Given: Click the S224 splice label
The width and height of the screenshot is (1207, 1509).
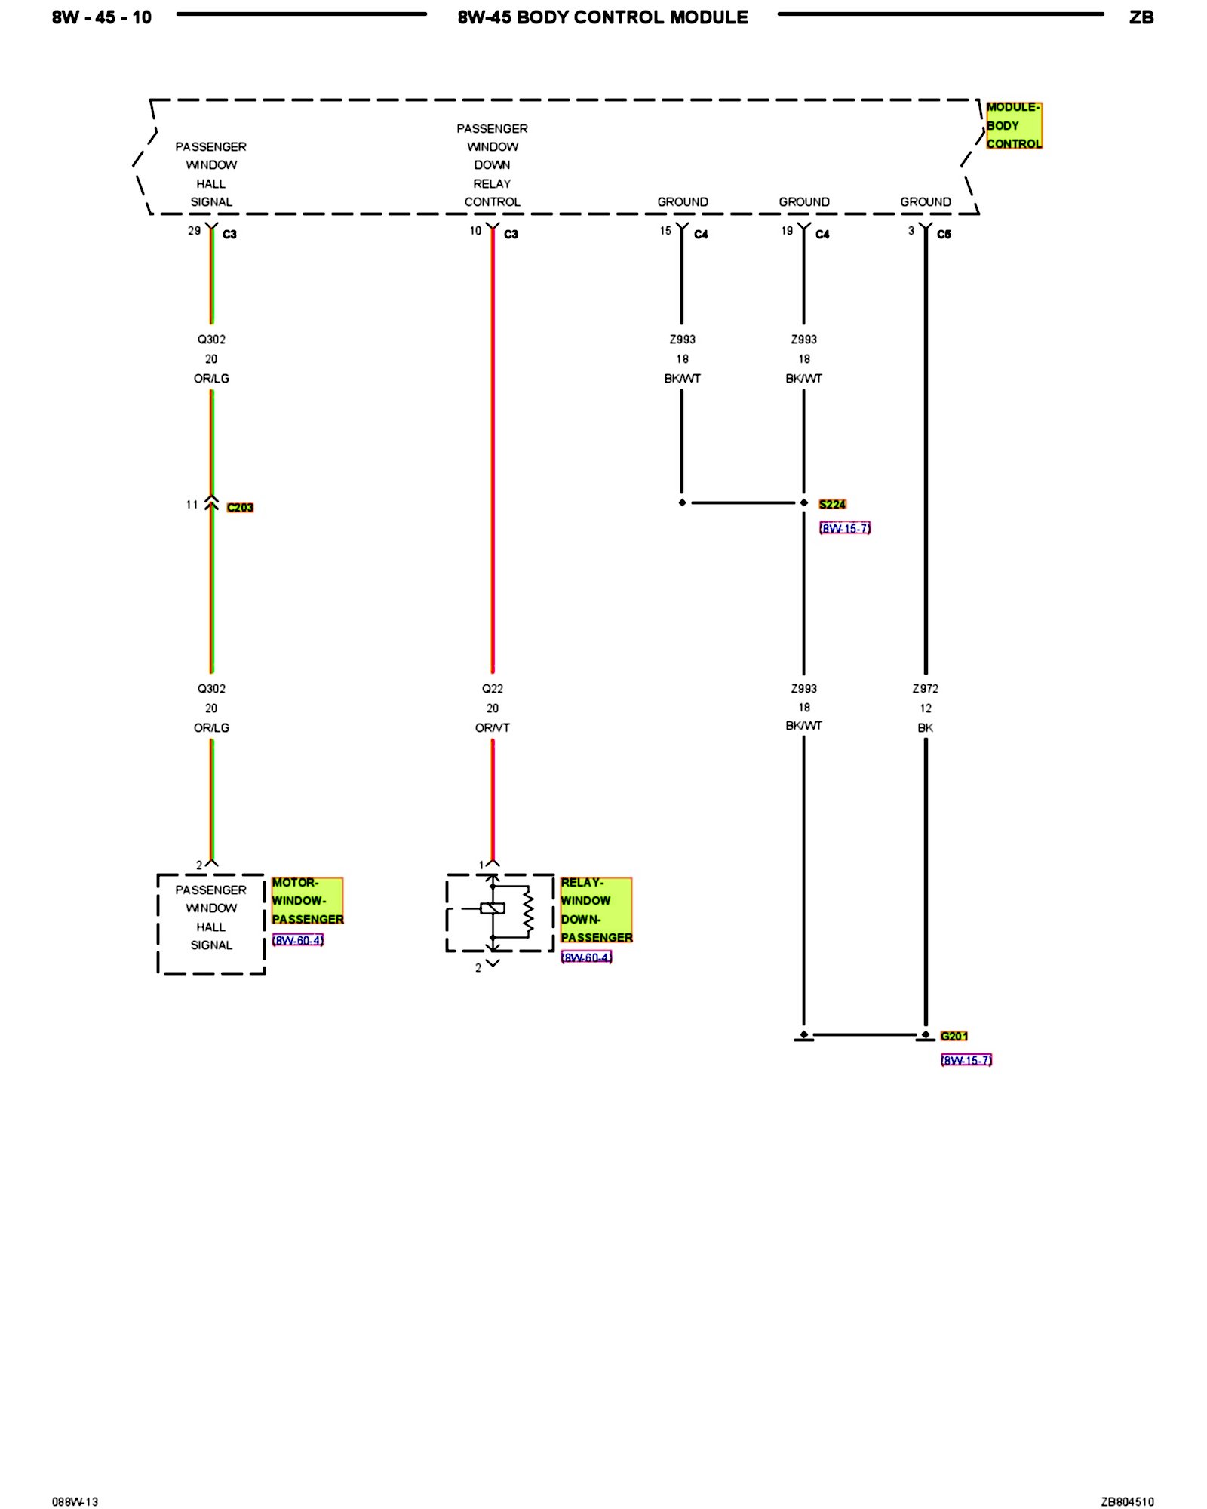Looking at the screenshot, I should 832,504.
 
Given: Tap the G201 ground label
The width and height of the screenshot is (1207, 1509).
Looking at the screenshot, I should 954,1036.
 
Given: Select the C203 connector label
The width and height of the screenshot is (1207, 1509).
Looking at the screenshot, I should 240,507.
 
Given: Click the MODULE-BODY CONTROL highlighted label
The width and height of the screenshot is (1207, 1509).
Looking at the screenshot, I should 1014,125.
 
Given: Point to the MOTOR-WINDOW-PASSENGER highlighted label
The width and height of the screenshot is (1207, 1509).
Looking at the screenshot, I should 307,900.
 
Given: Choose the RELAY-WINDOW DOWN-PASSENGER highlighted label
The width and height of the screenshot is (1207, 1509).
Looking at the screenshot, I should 596,909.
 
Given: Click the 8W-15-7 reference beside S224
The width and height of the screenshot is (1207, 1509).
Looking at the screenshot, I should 845,528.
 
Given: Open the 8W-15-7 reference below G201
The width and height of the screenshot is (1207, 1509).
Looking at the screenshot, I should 966,1060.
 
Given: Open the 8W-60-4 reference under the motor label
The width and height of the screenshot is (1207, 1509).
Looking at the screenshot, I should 298,940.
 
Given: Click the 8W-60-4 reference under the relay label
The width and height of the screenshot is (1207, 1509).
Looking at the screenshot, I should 587,957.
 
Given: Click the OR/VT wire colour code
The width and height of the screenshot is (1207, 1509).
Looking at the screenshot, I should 493,727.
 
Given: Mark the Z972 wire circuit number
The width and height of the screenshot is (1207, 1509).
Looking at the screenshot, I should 926,688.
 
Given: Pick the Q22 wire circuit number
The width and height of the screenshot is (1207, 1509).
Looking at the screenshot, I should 493,688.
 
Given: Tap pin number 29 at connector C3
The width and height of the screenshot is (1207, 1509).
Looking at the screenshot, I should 195,231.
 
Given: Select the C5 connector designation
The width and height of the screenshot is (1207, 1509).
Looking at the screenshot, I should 944,234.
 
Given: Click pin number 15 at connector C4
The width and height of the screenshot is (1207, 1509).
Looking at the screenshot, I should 665,231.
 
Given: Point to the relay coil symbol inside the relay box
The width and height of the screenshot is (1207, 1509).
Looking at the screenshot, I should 493,908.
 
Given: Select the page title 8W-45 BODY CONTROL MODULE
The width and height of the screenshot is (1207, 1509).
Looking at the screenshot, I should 603,17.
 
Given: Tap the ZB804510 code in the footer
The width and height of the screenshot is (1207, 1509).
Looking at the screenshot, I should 1127,1501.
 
